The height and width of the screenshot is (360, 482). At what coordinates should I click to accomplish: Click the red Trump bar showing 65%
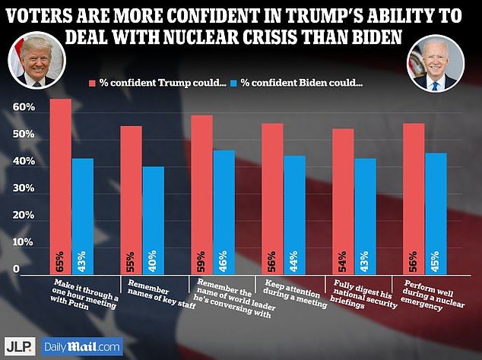pos(61,186)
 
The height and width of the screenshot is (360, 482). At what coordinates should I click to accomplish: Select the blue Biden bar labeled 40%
pos(154,220)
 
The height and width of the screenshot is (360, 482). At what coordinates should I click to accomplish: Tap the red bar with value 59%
pos(201,194)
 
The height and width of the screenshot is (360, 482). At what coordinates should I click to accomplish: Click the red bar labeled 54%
pos(343,201)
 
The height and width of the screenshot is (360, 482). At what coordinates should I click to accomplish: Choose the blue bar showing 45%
pos(436,213)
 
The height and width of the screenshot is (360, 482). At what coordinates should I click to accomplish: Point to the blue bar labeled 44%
pos(293,214)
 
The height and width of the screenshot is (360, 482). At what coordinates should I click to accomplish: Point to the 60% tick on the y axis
pos(24,109)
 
